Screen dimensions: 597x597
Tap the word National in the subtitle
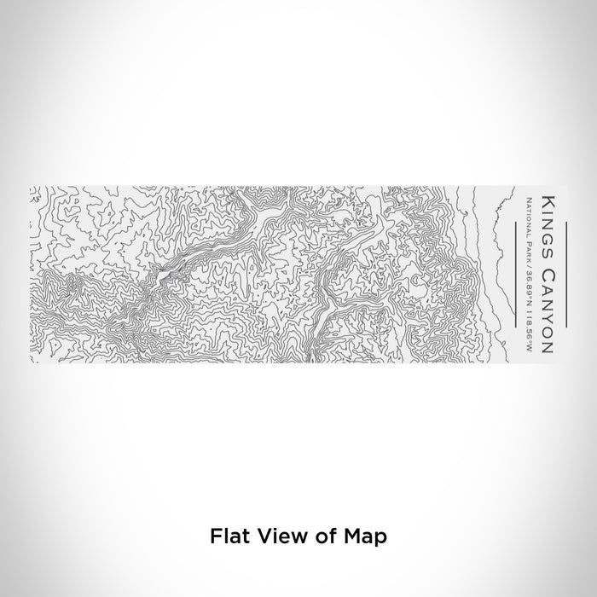(x=529, y=217)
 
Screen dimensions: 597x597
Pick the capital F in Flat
(x=214, y=537)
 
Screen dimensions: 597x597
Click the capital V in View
(x=260, y=537)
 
